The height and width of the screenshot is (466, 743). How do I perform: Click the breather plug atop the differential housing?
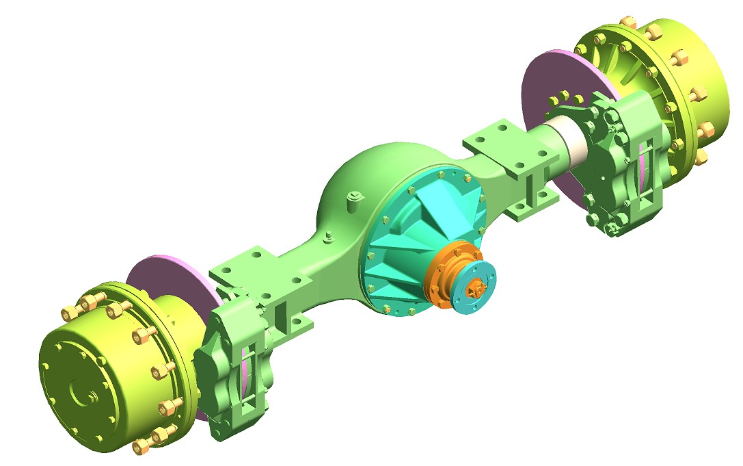354,200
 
